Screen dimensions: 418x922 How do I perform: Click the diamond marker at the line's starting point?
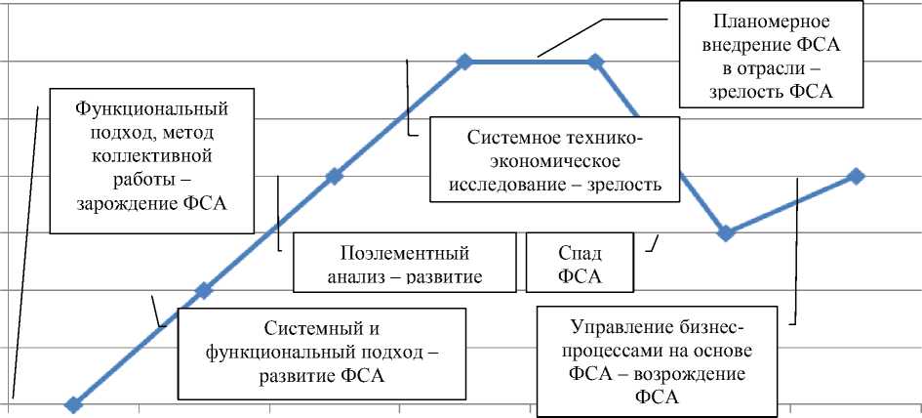click(72, 403)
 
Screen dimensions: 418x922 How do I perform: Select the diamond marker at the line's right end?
click(856, 176)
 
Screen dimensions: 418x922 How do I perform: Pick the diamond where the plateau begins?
click(464, 62)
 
